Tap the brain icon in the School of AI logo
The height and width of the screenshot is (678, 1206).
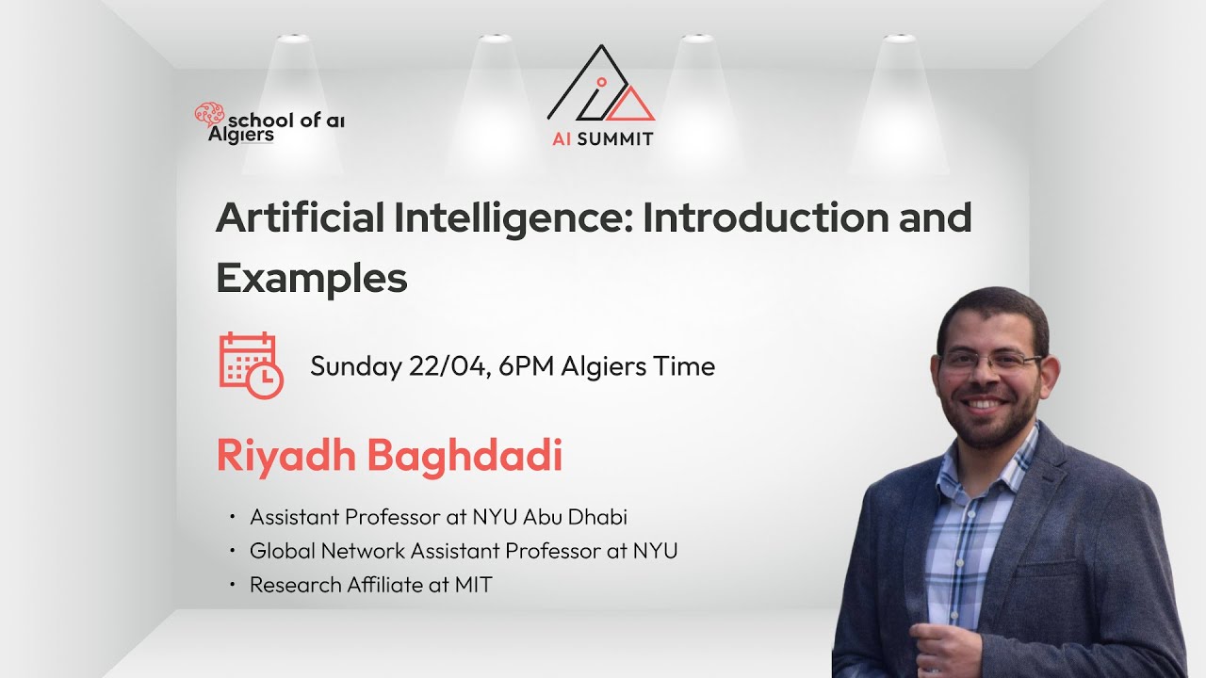point(208,115)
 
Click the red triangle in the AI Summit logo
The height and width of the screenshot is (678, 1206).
point(630,105)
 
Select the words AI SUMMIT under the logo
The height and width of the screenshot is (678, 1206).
point(602,138)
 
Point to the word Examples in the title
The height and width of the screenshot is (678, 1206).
point(312,278)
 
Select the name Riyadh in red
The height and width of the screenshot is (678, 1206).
point(285,457)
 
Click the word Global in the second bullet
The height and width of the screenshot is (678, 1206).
point(281,551)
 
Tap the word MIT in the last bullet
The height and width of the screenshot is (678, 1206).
point(473,585)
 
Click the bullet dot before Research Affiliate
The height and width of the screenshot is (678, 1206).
point(232,585)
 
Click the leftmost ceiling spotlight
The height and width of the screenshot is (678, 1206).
point(294,38)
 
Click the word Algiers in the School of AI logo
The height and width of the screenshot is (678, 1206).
point(241,135)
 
